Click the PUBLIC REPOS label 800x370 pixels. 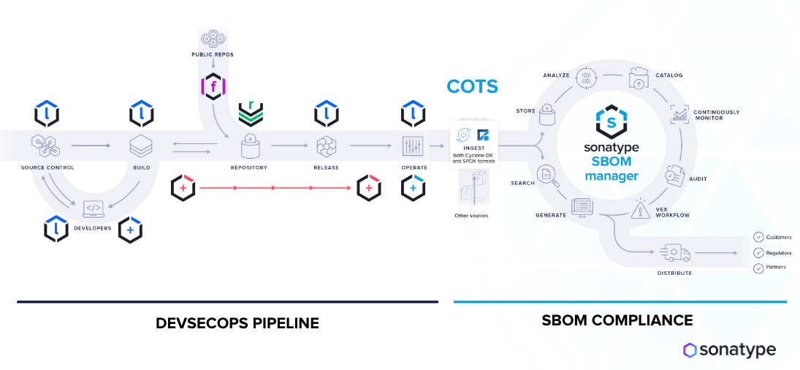pos(212,55)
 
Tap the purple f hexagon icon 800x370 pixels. pos(213,87)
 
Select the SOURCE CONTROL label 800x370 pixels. pos(47,167)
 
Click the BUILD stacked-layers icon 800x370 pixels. pos(140,146)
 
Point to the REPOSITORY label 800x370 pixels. pos(250,167)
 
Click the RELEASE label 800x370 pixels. pos(326,167)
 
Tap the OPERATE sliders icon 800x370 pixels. pos(413,146)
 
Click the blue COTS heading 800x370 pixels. pos(472,86)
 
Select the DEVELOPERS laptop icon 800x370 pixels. pos(94,209)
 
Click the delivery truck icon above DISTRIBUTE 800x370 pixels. pos(674,253)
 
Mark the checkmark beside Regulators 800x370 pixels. pos(758,252)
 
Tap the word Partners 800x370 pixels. pos(776,268)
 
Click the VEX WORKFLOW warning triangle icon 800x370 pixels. pos(641,209)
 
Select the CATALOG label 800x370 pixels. pos(668,75)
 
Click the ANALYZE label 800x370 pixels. pos(556,75)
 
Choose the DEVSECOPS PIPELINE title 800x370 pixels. pos(237,322)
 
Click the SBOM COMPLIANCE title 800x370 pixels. pos(617,320)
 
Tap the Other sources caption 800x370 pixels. pos(471,216)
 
